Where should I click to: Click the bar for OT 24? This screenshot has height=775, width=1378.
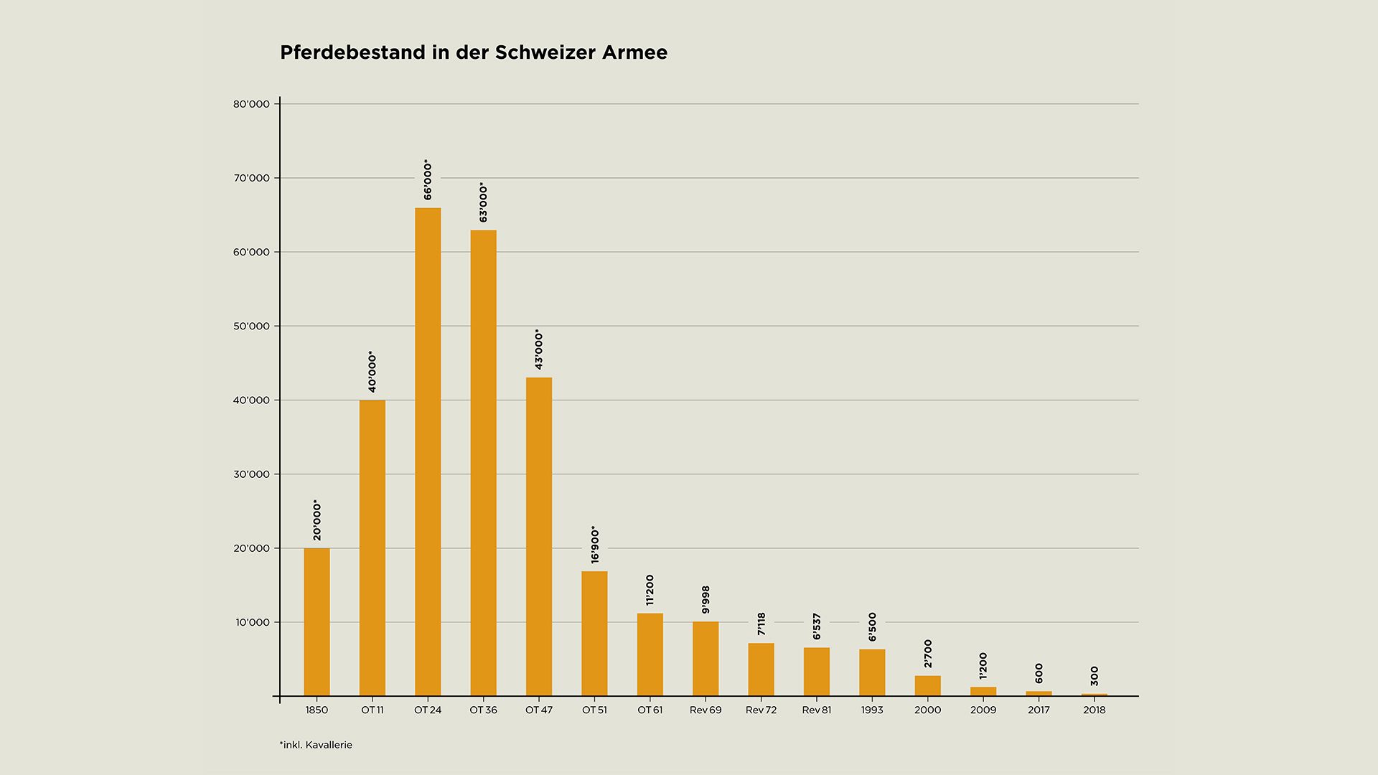(x=428, y=452)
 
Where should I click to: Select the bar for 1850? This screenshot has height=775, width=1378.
(x=317, y=622)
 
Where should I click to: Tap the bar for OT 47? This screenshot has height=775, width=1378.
(x=539, y=537)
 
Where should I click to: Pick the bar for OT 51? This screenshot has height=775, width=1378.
(x=594, y=634)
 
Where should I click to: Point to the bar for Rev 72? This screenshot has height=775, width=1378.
(x=761, y=670)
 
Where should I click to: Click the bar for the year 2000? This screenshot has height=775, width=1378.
(x=927, y=686)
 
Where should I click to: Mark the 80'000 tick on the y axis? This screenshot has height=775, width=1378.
(x=251, y=104)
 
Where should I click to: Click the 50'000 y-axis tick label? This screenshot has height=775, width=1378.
(x=251, y=327)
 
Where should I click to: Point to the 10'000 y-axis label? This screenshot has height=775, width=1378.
(x=253, y=623)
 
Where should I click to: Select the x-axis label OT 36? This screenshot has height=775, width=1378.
(x=483, y=710)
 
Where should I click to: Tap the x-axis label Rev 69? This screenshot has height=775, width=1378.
(x=706, y=710)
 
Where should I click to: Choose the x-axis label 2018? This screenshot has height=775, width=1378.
(x=1095, y=710)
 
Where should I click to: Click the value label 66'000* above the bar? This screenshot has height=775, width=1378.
(x=428, y=179)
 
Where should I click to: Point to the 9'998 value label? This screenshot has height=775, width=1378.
(x=706, y=600)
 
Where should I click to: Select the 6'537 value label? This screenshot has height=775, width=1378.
(x=817, y=626)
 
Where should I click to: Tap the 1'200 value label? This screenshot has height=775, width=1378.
(x=983, y=666)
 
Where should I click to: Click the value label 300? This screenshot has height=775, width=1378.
(x=1095, y=676)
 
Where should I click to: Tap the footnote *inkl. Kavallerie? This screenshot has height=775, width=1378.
(x=316, y=745)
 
